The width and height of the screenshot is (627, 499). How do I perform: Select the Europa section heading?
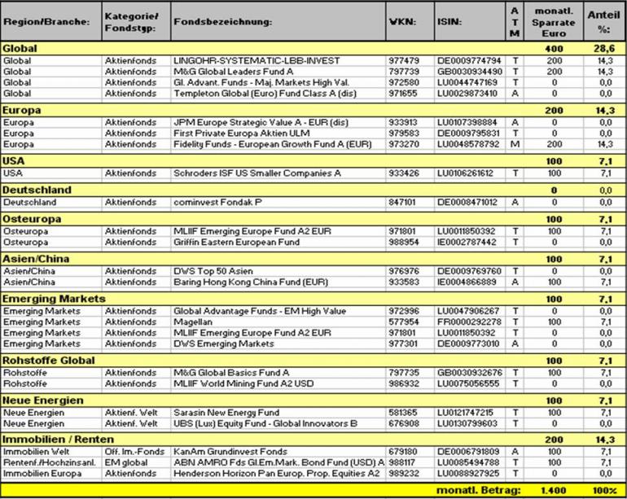(x=22, y=110)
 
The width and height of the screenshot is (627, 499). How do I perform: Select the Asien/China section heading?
(x=31, y=258)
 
